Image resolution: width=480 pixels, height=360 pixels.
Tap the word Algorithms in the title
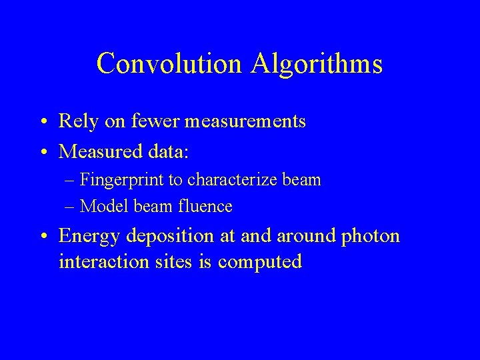click(317, 64)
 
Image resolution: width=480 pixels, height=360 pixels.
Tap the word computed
click(260, 262)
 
